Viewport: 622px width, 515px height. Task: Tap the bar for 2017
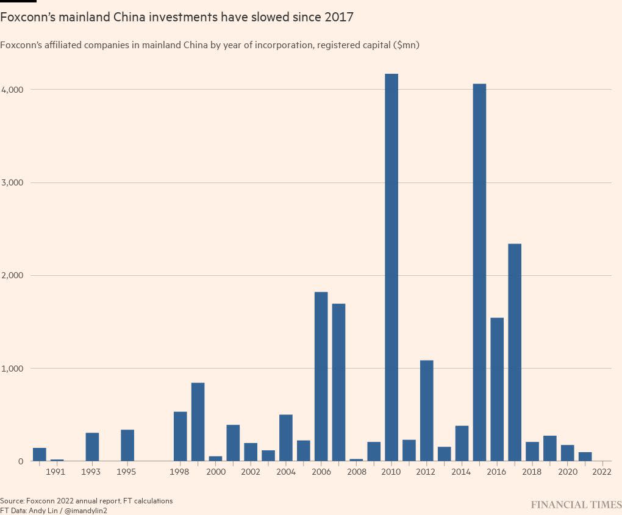515,352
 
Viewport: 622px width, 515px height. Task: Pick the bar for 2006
321,376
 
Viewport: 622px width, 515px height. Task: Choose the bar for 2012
426,411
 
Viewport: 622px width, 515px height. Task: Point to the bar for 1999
198,422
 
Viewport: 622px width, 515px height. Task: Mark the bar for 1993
92,447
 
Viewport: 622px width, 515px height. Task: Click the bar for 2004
285,438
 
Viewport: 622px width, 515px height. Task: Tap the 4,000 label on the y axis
12,90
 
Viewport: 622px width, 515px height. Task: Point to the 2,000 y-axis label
12,276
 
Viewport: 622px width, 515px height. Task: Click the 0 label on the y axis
20,462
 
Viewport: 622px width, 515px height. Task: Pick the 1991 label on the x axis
56,472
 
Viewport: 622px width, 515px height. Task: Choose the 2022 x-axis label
602,472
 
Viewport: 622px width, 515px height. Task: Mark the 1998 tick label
179,472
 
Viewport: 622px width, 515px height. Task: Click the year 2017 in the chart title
338,17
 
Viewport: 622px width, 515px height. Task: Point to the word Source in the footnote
12,501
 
